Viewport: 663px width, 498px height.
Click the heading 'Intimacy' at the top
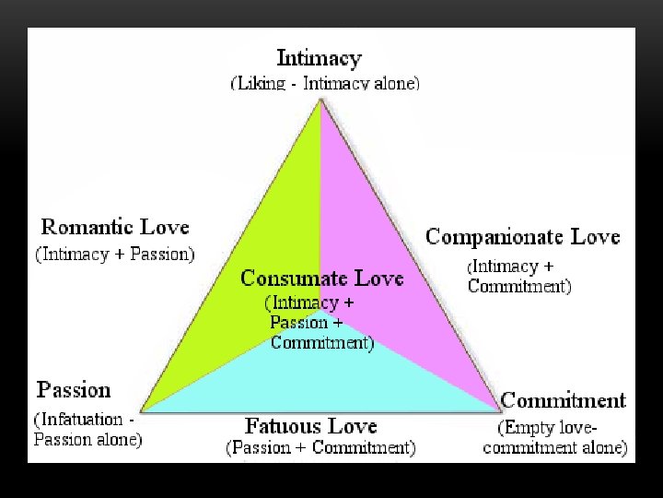[320, 59]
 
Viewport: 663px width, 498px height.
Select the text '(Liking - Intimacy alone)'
[324, 83]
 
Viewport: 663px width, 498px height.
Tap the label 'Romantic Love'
[115, 227]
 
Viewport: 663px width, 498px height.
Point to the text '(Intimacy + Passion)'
[115, 254]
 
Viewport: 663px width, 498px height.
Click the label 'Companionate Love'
[522, 237]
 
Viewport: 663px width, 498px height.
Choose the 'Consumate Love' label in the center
[321, 278]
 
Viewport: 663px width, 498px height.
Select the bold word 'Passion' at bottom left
[74, 390]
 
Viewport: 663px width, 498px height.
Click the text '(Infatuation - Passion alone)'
[87, 430]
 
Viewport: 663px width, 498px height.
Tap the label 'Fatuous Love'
[311, 426]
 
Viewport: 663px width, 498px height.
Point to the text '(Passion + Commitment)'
[320, 449]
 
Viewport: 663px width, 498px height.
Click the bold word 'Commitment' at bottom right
[563, 401]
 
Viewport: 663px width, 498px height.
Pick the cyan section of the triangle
[322, 378]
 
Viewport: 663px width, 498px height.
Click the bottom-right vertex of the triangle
[498, 409]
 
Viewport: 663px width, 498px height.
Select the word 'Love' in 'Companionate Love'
[595, 237]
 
